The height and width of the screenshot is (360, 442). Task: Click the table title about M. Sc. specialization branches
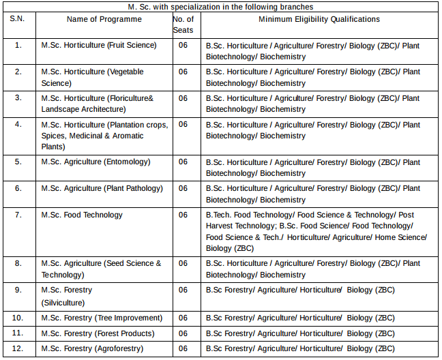pyautogui.click(x=220, y=6)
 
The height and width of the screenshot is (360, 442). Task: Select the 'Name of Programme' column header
pyautogui.click(x=104, y=19)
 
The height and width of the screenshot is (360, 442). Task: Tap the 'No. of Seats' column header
pyautogui.click(x=183, y=25)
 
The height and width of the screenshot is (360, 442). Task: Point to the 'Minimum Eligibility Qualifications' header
pyautogui.click(x=319, y=19)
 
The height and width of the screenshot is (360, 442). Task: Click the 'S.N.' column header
pyautogui.click(x=18, y=19)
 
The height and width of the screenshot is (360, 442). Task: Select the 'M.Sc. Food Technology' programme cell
pyautogui.click(x=80, y=215)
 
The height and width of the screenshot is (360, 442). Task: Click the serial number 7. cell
pyautogui.click(x=18, y=215)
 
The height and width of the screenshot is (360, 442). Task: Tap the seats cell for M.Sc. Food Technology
pyautogui.click(x=183, y=215)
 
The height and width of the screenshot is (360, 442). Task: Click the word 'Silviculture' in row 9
pyautogui.click(x=63, y=302)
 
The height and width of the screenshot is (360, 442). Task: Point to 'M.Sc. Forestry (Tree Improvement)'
pyautogui.click(x=102, y=318)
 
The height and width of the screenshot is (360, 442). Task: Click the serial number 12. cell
pyautogui.click(x=18, y=348)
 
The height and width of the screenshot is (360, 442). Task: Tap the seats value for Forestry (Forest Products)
pyautogui.click(x=183, y=333)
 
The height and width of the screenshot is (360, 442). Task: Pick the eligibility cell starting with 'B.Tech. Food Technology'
pyautogui.click(x=316, y=231)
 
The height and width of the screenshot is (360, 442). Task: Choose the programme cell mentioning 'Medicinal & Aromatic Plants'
pyautogui.click(x=103, y=136)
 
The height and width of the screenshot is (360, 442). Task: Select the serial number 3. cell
pyautogui.click(x=18, y=98)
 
